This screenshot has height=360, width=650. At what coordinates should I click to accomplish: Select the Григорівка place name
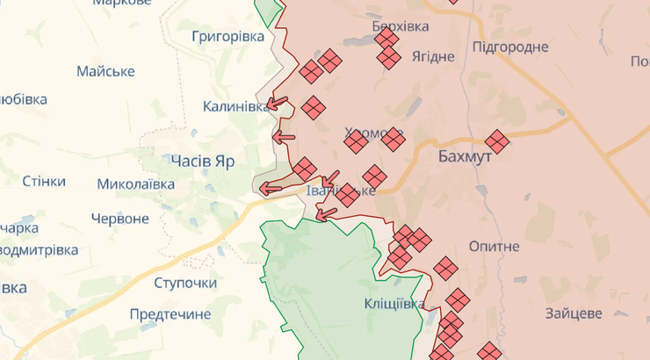[x=227, y=37]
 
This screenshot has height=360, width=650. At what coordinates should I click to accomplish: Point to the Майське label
[x=105, y=71]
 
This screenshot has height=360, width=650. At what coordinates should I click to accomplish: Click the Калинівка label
[x=235, y=106]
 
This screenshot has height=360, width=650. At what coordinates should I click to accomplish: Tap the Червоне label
[x=119, y=218]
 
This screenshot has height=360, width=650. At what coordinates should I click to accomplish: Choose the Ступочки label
[x=184, y=283]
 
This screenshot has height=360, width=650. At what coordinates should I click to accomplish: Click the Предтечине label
[x=170, y=313]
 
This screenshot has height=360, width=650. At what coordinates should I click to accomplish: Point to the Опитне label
[x=495, y=247]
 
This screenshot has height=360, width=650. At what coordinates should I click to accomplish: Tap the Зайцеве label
[x=573, y=313]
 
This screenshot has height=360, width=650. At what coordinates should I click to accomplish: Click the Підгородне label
[x=510, y=47]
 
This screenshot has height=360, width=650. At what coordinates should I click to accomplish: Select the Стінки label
[x=44, y=182]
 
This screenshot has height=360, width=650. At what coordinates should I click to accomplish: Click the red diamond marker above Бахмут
[x=497, y=140]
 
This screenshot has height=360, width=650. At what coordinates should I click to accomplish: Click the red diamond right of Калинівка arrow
[x=314, y=107]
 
